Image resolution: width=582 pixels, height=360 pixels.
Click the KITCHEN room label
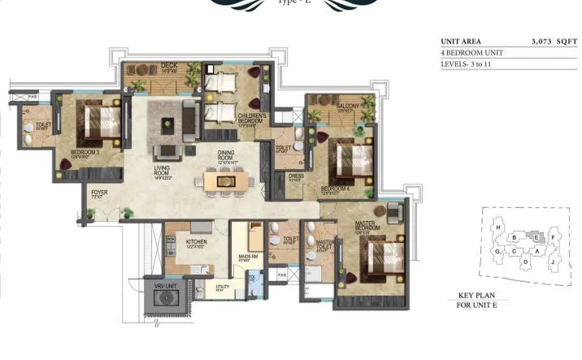(x=196, y=241)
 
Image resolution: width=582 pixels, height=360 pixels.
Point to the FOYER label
(x=98, y=193)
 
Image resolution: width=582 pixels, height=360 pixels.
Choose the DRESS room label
(x=297, y=178)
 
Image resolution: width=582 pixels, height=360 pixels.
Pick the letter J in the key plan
(x=552, y=262)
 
